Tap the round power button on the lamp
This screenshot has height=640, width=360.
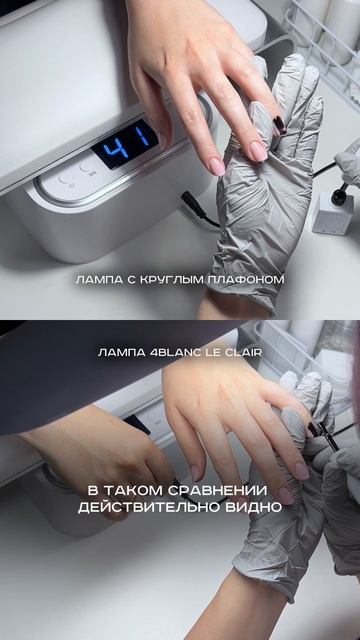(x=64, y=182)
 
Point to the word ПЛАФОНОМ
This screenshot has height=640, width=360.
(x=246, y=280)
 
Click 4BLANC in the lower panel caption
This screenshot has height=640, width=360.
(x=170, y=352)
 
